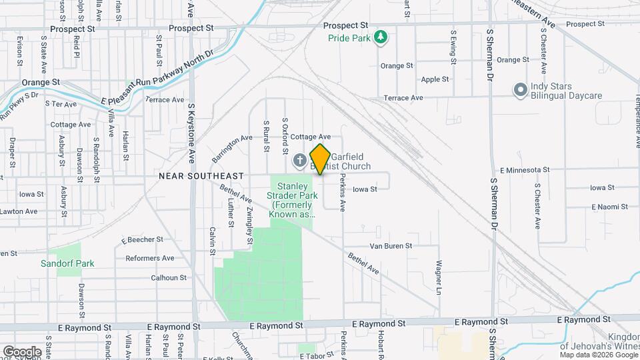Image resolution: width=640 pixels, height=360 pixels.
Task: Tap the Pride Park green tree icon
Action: point(381,36)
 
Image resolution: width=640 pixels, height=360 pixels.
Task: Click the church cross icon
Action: point(300,160)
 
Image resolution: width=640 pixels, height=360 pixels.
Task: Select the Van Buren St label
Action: point(391,245)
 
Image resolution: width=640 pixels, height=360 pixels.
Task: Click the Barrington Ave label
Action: point(233,148)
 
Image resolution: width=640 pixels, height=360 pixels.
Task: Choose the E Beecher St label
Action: point(142,239)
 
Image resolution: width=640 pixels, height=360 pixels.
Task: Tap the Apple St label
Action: point(435,79)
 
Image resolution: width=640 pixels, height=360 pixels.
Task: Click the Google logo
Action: point(22,351)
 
